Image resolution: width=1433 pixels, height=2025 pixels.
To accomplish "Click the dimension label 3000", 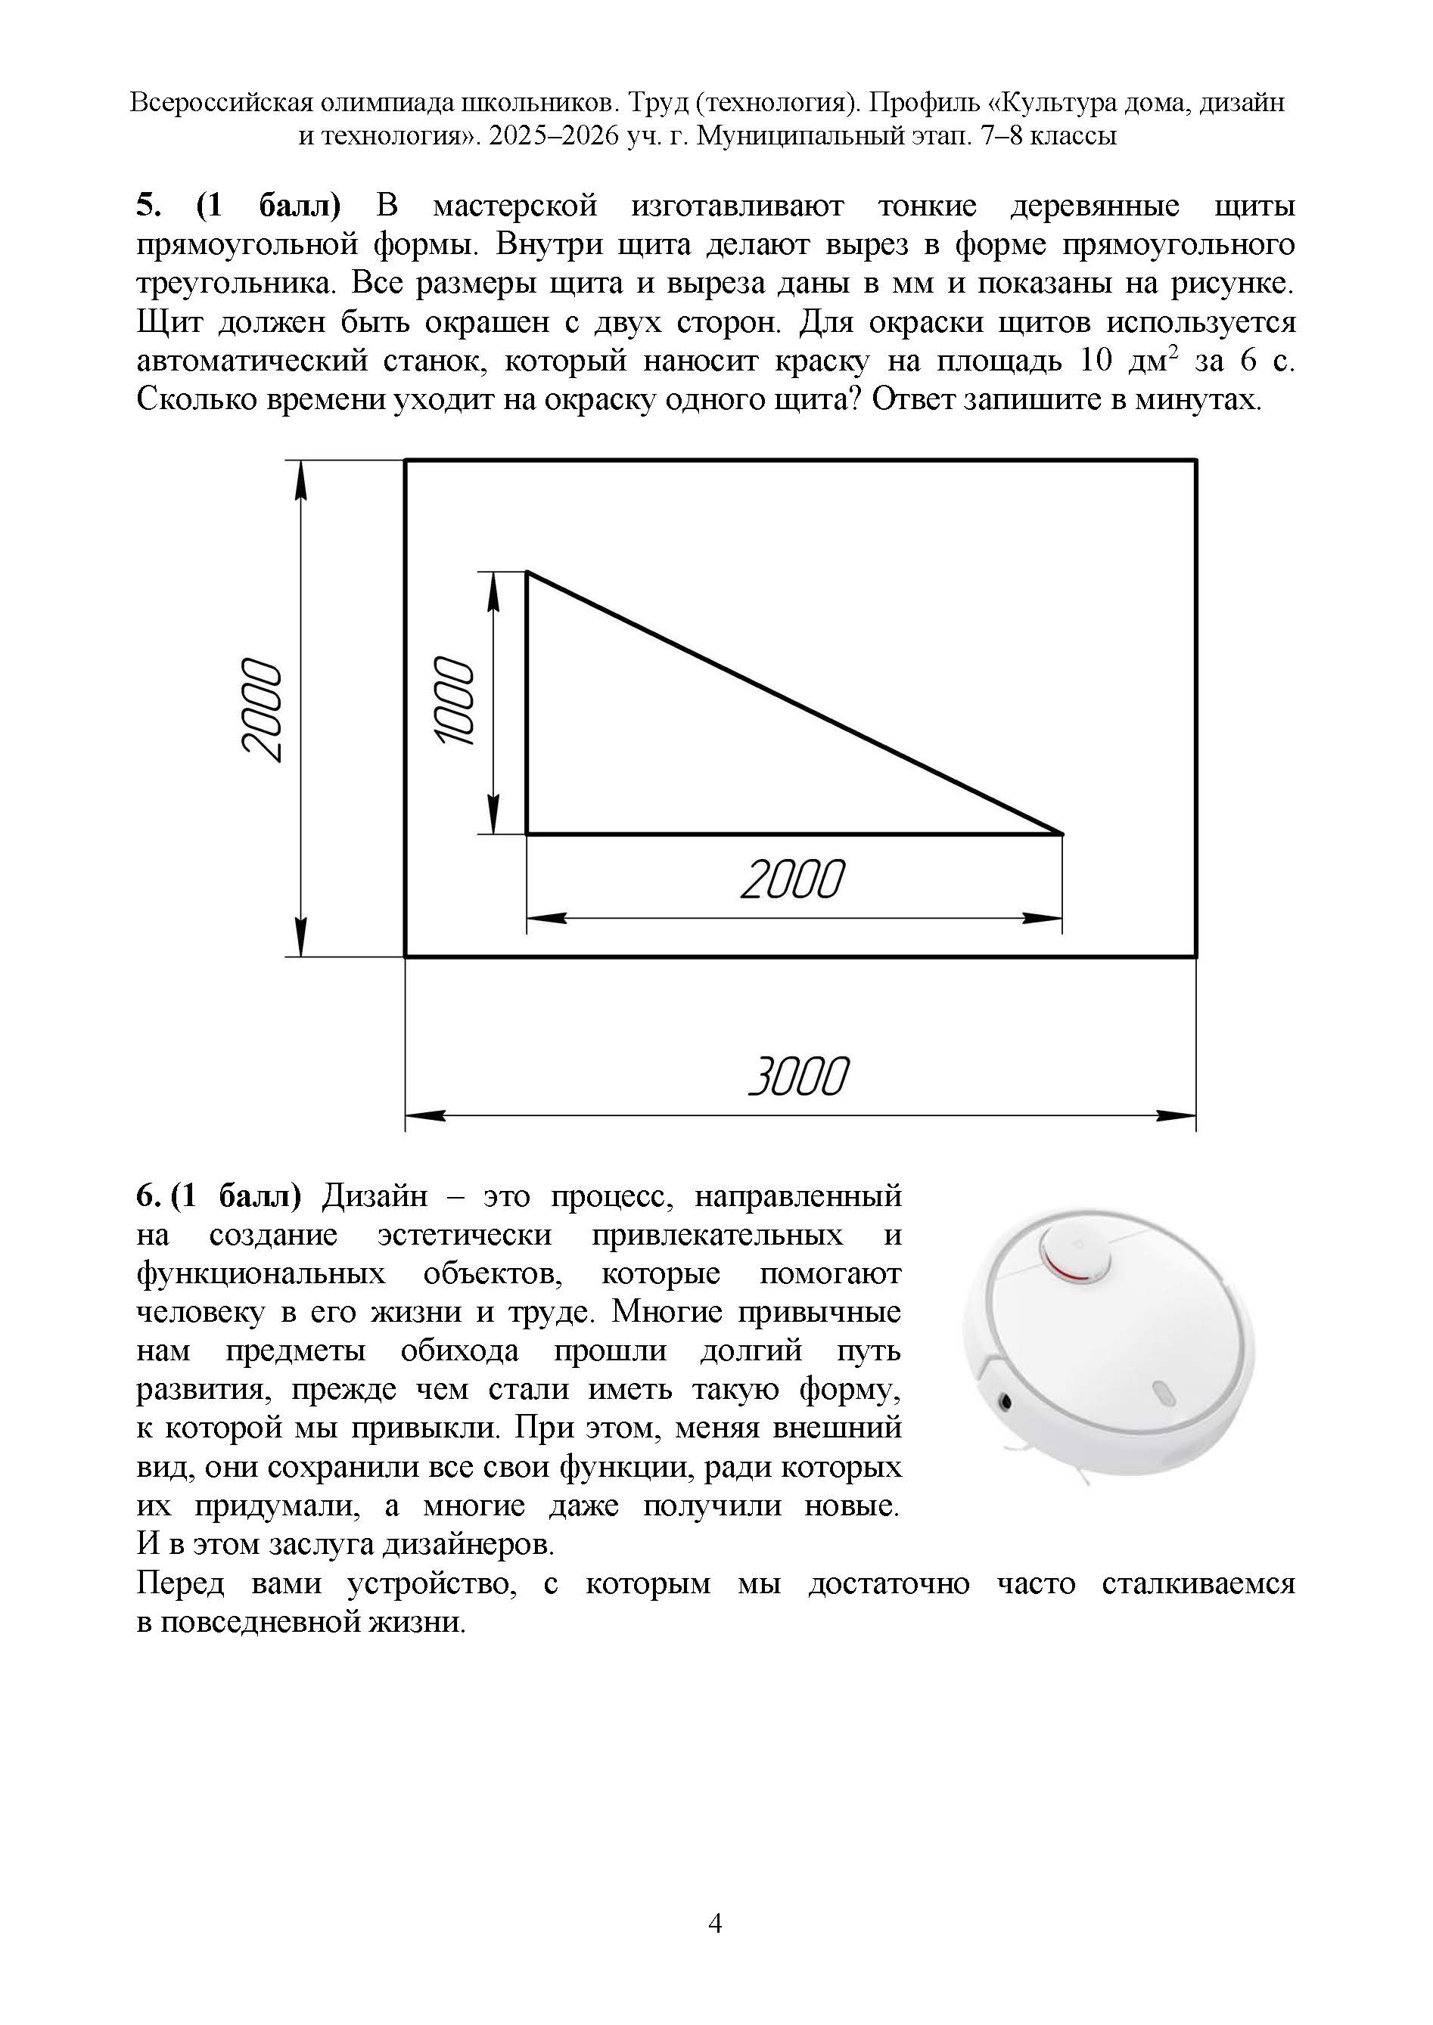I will (797, 1076).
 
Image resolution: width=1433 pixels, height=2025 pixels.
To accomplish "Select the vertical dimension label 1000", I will (455, 701).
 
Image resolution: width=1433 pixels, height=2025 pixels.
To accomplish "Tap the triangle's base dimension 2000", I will (791, 880).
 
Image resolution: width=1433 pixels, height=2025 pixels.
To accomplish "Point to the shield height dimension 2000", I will (262, 709).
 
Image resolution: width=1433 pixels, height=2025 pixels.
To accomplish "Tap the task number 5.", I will (147, 206).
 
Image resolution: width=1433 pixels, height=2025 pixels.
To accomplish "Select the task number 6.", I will (147, 1196).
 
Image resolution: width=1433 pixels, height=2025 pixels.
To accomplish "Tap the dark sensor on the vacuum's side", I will (1005, 1400).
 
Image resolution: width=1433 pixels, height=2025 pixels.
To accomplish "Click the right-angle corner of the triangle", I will (527, 833).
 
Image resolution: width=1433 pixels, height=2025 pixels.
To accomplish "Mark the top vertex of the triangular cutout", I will (527, 572).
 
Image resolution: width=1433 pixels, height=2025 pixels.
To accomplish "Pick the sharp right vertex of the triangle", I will (1061, 833).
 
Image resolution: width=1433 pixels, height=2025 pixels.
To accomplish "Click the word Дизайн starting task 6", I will (374, 1196).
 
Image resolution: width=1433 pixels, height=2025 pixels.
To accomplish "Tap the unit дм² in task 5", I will (1155, 361).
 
